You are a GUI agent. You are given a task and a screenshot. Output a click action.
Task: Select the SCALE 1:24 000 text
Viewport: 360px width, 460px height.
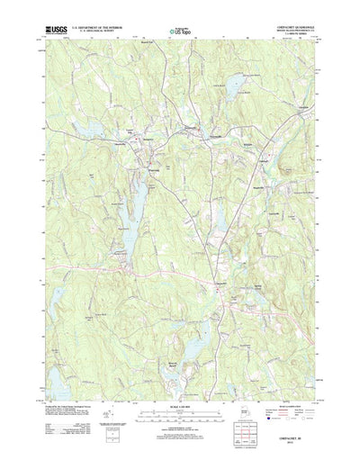point(179,413)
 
